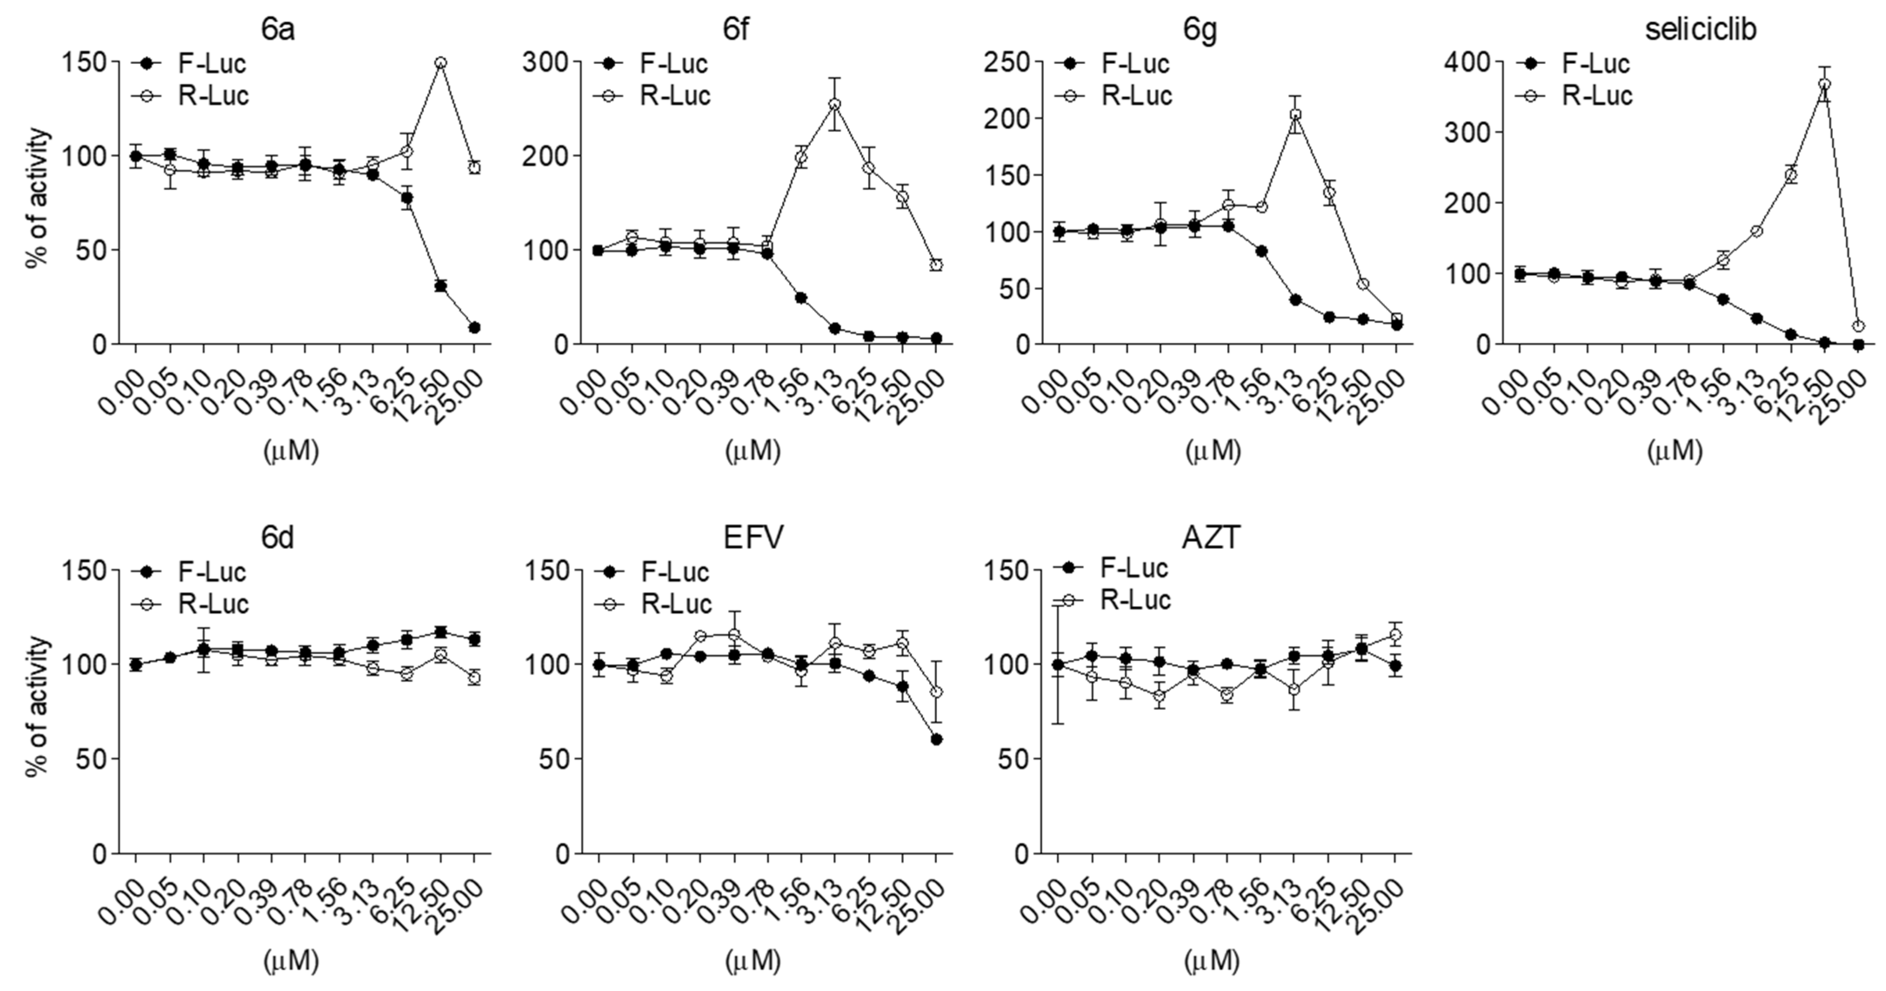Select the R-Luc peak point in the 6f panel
(x=835, y=105)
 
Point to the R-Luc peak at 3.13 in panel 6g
(x=1295, y=115)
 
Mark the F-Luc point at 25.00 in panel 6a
(x=474, y=328)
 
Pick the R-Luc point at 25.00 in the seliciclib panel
(x=1857, y=326)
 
